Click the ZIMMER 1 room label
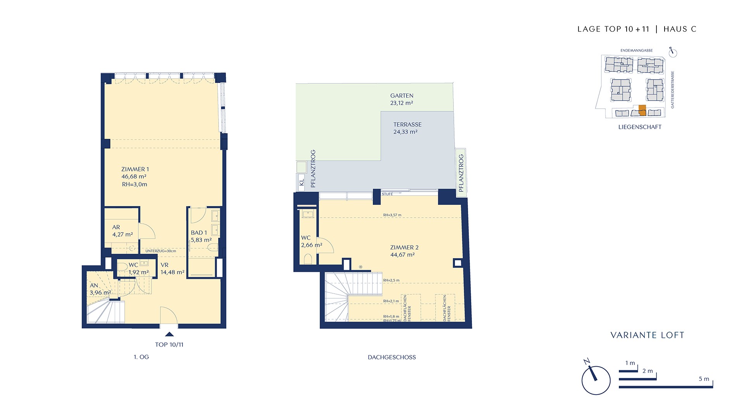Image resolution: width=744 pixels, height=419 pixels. point(135,169)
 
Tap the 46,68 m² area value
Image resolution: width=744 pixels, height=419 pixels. point(134,177)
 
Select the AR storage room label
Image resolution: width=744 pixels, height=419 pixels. point(116,227)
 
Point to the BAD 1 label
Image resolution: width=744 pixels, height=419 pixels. point(199,233)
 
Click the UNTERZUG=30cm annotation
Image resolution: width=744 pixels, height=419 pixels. point(161,251)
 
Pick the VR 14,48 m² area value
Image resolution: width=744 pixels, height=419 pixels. point(172,272)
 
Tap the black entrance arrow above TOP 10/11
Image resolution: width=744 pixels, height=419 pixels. point(169,334)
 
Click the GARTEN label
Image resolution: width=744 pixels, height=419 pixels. point(402,95)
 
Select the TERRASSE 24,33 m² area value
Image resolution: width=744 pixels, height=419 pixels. point(405,132)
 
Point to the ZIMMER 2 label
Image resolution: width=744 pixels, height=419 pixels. point(404,248)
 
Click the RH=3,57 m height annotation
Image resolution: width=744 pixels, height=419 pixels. point(392,215)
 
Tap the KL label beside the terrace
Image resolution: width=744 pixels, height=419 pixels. point(302,182)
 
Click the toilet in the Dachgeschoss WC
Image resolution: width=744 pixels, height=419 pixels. point(308,259)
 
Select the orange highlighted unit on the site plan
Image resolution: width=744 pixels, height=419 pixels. point(642,111)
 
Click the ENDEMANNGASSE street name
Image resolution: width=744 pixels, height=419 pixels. point(637,50)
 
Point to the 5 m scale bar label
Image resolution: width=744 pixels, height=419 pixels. point(704,379)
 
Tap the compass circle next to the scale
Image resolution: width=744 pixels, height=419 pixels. point(596,380)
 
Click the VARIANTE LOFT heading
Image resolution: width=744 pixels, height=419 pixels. point(648,335)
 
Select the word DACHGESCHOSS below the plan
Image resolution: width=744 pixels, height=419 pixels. point(392,357)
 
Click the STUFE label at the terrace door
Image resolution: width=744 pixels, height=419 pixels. point(387,194)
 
